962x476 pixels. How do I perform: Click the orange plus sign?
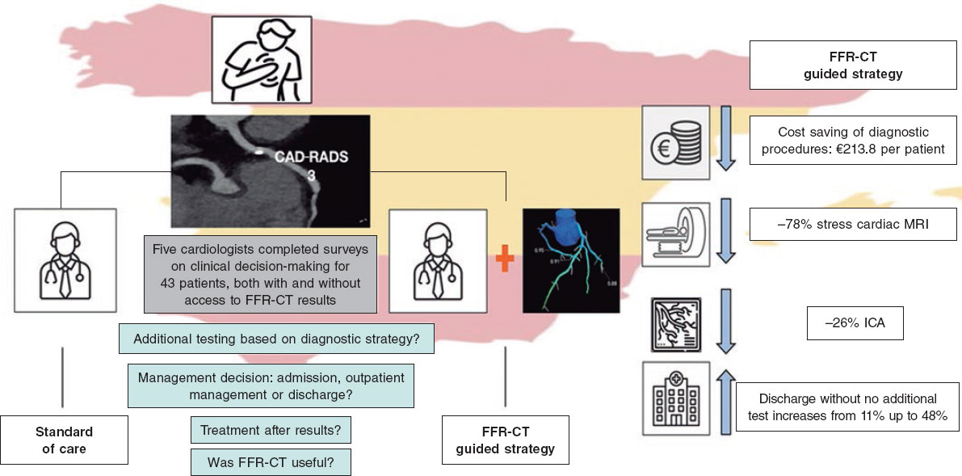[506, 260]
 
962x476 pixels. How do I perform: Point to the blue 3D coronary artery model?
[570, 260]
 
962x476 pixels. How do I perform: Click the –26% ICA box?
[855, 324]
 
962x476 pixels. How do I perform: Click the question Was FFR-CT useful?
[270, 461]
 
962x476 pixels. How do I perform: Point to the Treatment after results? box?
[270, 430]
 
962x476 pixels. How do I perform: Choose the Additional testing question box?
[275, 338]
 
